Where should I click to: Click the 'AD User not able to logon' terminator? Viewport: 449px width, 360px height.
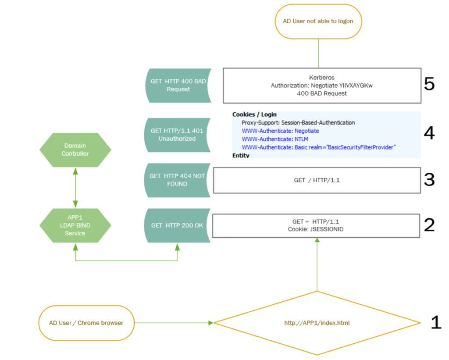point(318,21)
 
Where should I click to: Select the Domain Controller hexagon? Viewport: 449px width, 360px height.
point(75,150)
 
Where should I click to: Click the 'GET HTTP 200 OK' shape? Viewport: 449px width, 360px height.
point(177,225)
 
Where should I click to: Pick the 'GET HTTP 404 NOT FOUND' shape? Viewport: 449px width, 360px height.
point(177,180)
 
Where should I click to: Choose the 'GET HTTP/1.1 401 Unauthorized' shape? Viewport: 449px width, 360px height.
point(177,134)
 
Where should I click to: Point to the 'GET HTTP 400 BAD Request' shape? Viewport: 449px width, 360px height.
point(177,86)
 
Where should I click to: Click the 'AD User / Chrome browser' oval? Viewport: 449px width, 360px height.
point(86,323)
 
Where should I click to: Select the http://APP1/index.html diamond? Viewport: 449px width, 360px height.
point(317,323)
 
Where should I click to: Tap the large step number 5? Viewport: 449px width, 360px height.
point(429,84)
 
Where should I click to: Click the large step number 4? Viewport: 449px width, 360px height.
point(429,133)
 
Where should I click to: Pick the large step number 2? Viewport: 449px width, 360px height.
point(429,225)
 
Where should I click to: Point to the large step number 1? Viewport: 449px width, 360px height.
point(435,323)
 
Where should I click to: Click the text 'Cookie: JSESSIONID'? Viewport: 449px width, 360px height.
point(316,229)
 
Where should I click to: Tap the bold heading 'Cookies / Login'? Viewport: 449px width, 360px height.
point(254,114)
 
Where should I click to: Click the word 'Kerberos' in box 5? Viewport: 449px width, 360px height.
point(321,78)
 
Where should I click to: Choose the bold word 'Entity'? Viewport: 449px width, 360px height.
point(241,155)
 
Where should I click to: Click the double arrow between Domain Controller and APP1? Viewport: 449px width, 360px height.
point(75,187)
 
